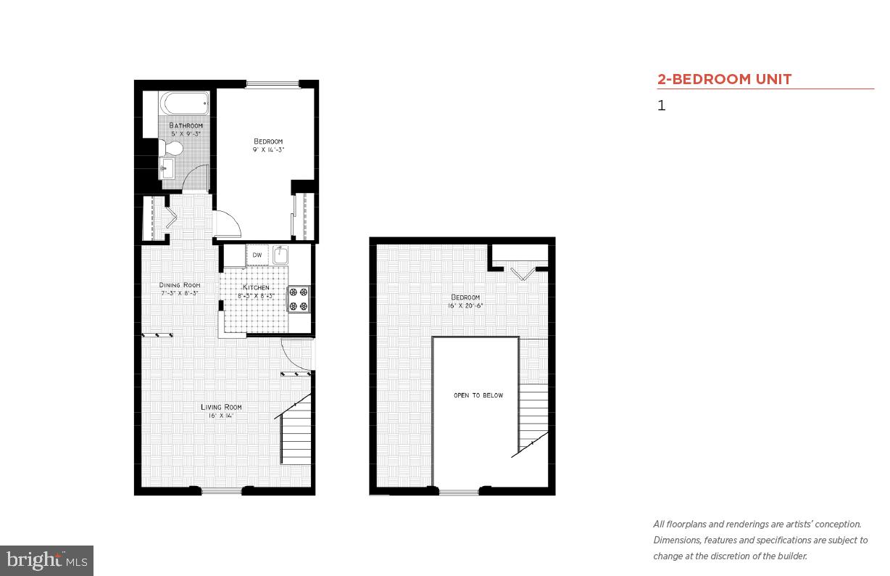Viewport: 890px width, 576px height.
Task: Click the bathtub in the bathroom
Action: tap(185, 104)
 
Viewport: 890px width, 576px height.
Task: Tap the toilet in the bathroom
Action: tap(172, 148)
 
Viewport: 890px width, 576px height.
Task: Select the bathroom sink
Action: tap(167, 170)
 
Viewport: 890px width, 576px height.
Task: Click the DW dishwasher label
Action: tap(257, 255)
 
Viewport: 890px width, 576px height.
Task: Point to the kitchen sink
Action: tap(282, 255)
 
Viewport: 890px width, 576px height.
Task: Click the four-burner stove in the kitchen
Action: tap(299, 299)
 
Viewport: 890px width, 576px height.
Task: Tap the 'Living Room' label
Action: tap(221, 407)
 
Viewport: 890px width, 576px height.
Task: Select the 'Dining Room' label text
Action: tap(180, 285)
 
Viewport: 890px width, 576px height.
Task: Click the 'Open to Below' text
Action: tap(478, 395)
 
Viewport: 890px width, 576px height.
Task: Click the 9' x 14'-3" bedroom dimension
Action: tap(267, 149)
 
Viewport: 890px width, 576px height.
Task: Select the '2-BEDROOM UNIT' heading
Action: tap(724, 79)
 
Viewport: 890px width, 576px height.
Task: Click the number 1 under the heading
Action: tap(661, 106)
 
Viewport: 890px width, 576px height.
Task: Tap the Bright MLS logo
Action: tap(46, 560)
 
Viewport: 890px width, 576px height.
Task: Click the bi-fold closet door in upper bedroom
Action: tap(522, 273)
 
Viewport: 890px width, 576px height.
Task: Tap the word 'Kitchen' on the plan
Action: tap(256, 288)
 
